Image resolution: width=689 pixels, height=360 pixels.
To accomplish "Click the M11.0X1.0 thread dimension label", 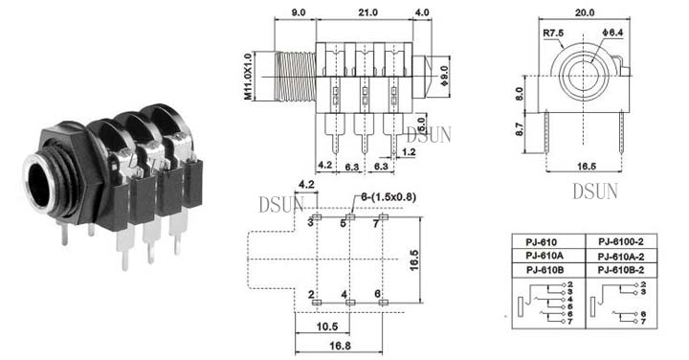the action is [x=248, y=77].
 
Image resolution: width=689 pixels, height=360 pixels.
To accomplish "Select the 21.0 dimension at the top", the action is [x=367, y=12].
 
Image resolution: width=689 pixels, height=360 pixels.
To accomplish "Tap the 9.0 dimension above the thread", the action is [x=298, y=12].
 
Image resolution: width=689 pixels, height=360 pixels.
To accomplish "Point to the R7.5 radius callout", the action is [x=553, y=33].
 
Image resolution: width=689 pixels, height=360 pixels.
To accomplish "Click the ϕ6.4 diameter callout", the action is [x=612, y=33].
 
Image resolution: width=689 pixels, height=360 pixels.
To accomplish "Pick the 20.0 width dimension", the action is [x=585, y=12].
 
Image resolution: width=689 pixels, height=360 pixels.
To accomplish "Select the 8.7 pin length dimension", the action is [x=520, y=128].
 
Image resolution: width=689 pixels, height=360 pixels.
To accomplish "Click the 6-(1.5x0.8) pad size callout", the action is [x=389, y=197].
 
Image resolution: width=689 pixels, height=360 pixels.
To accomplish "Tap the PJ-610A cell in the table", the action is [x=545, y=256].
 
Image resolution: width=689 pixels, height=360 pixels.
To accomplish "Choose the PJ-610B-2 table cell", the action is [x=621, y=270].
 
